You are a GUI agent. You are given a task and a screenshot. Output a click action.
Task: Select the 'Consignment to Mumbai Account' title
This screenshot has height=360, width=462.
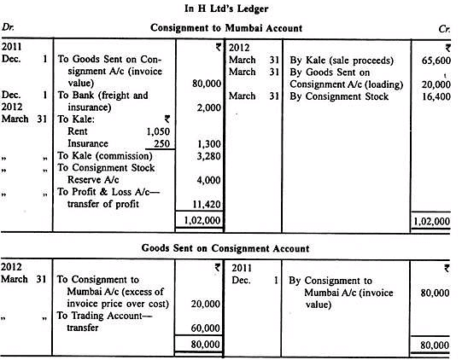click(x=231, y=27)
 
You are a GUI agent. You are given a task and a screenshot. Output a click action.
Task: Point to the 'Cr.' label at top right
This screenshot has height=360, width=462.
click(x=448, y=27)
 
